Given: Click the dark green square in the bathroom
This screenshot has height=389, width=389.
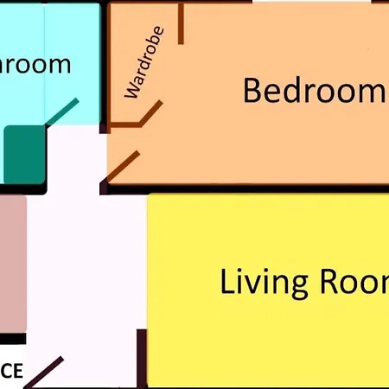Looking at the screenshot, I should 23,154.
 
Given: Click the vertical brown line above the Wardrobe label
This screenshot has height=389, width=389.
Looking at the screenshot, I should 181,24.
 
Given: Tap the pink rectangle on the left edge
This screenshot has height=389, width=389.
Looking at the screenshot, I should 11,264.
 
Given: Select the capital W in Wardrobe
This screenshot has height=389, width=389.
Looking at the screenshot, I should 132,91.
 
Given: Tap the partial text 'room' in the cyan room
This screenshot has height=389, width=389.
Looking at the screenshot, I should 35,65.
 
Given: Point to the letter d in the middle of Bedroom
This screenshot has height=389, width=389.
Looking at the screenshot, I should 299,90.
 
